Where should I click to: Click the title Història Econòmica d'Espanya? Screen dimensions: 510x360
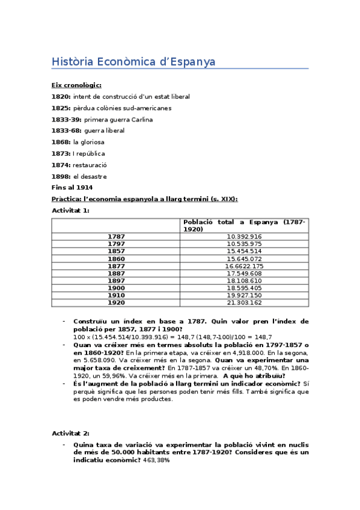point(133,62)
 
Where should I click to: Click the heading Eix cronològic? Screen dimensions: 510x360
point(76,85)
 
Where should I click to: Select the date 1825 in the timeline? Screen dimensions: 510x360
point(61,108)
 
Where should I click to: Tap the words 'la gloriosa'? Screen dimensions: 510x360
point(88,143)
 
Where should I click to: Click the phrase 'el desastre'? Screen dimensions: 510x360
point(90,176)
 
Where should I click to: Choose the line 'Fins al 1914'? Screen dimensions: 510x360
point(72,188)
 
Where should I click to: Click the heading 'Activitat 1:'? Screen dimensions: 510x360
point(70,210)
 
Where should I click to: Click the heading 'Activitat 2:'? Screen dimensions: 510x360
point(70,433)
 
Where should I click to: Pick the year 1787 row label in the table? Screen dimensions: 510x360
point(116,237)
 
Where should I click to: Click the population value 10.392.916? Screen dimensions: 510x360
point(244,237)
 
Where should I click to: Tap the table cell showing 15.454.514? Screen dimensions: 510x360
point(244,251)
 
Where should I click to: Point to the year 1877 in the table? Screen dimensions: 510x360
point(116,266)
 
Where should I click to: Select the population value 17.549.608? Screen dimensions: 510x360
point(244,273)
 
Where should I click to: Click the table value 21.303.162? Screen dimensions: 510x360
point(244,303)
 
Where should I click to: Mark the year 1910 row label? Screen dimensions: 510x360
point(116,295)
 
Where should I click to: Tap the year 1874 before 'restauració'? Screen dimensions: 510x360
point(61,165)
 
